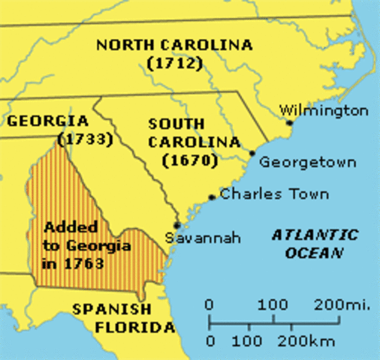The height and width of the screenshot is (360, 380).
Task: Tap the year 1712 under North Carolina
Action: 175,63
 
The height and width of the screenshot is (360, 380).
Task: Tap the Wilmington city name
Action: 324,111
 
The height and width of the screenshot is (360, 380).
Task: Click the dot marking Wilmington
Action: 289,122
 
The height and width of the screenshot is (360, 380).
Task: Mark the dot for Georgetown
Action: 252,154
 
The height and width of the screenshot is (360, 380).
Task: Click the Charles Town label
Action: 275,194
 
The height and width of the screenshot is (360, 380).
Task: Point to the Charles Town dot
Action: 212,198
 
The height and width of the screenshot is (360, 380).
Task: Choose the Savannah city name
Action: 204,238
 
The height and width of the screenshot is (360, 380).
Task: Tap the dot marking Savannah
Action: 176,223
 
